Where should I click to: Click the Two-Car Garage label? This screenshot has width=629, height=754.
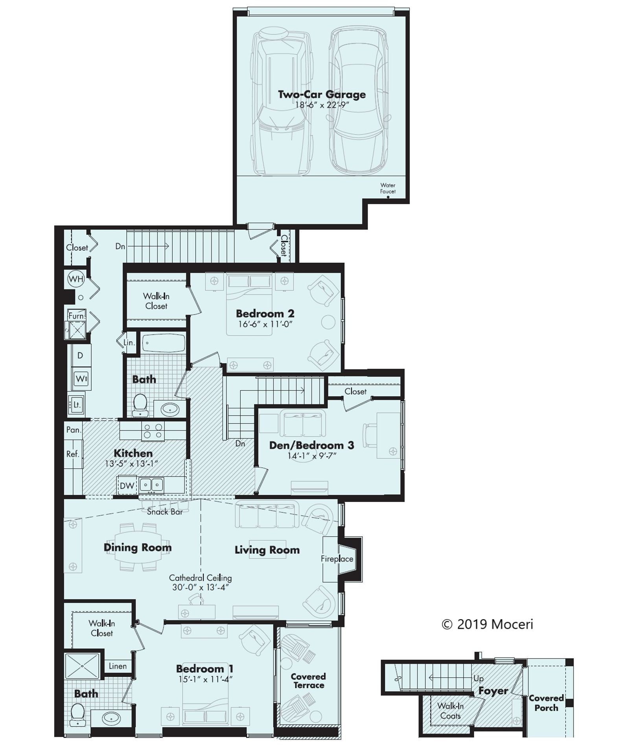322,95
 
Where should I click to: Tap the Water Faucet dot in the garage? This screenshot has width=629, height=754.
388,197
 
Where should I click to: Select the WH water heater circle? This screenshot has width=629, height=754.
76,279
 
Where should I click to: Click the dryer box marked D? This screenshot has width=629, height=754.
81,356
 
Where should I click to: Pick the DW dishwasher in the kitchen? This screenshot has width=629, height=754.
127,486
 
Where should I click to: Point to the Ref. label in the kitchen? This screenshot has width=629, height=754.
73,454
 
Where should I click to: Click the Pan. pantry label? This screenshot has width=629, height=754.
74,430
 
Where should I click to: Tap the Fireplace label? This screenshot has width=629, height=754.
337,559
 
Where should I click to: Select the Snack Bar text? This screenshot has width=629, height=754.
165,512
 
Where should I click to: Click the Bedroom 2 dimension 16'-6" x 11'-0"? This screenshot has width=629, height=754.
266,324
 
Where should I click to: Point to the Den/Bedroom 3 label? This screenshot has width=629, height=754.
311,445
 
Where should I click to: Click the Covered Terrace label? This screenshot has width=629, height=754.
308,681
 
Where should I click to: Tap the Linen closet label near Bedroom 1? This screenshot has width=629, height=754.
118,666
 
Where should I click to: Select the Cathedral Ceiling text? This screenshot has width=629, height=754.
200,578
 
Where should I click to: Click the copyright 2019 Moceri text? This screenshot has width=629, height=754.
487,624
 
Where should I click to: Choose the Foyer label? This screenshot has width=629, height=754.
493,691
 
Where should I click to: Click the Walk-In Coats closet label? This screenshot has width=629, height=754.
451,711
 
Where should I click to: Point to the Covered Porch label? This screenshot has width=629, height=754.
546,703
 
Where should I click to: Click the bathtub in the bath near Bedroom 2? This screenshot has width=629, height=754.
163,343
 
